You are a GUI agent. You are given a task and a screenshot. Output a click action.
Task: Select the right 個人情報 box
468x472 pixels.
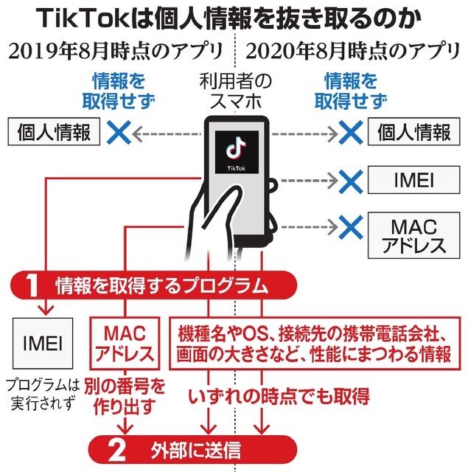point(413,133)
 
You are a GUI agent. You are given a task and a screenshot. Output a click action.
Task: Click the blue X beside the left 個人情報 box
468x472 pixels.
point(118,133)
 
